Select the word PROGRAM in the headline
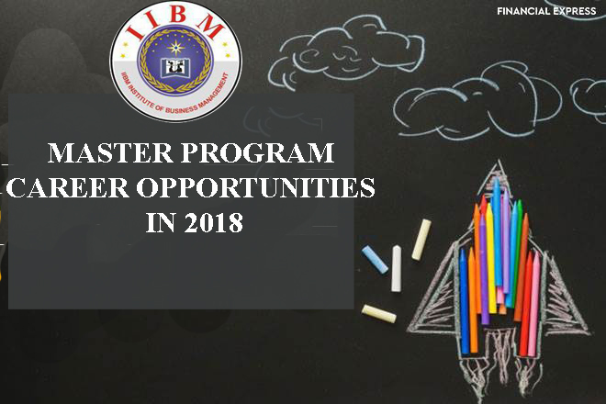(258, 152)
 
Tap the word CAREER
(67, 187)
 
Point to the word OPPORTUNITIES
(256, 187)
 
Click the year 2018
(213, 222)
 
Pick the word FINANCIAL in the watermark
(523, 11)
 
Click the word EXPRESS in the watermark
(574, 11)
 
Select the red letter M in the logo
(210, 26)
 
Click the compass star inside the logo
(176, 47)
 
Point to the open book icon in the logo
(176, 68)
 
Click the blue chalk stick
(375, 260)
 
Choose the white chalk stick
(396, 268)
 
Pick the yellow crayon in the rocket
(491, 258)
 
